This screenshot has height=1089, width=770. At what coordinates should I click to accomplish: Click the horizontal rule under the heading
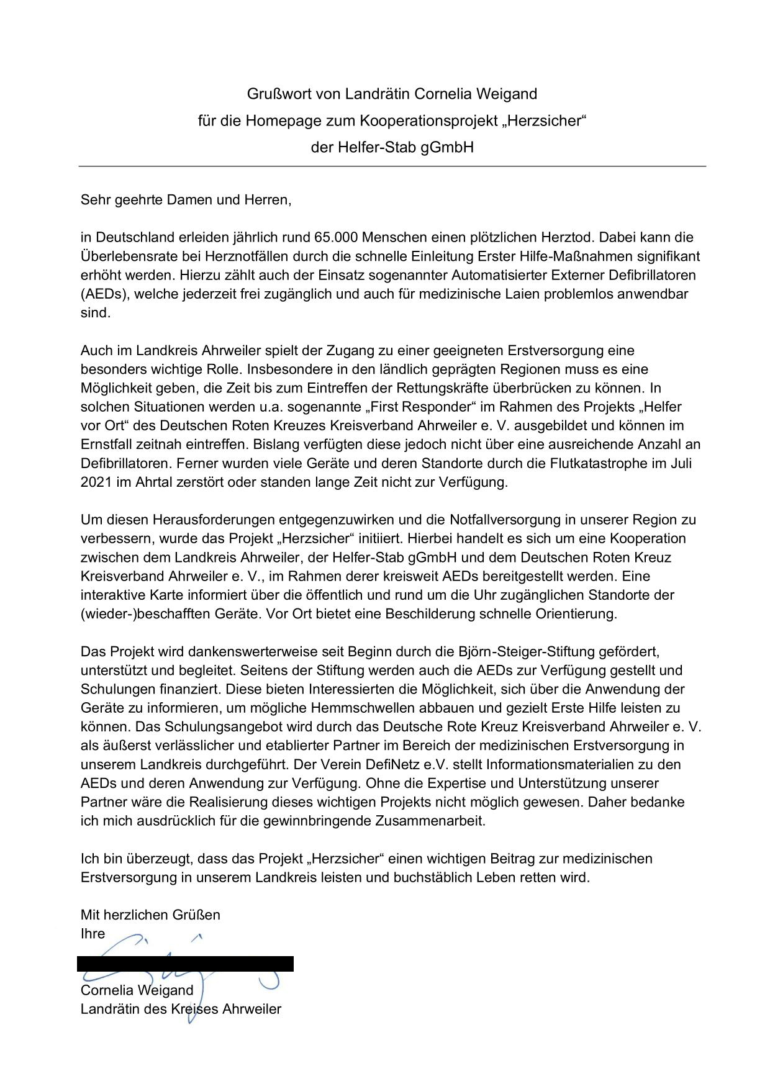point(392,166)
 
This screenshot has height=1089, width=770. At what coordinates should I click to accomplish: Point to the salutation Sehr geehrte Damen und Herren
point(186,200)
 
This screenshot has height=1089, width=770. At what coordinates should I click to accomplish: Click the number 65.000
point(337,237)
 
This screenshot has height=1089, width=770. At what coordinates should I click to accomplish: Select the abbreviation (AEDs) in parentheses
point(101,294)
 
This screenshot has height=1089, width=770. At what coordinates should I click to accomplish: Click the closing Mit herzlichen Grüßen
point(150,915)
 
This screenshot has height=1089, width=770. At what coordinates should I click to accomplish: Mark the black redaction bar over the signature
point(185,964)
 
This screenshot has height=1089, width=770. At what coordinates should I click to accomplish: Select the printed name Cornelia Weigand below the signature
point(137,990)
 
